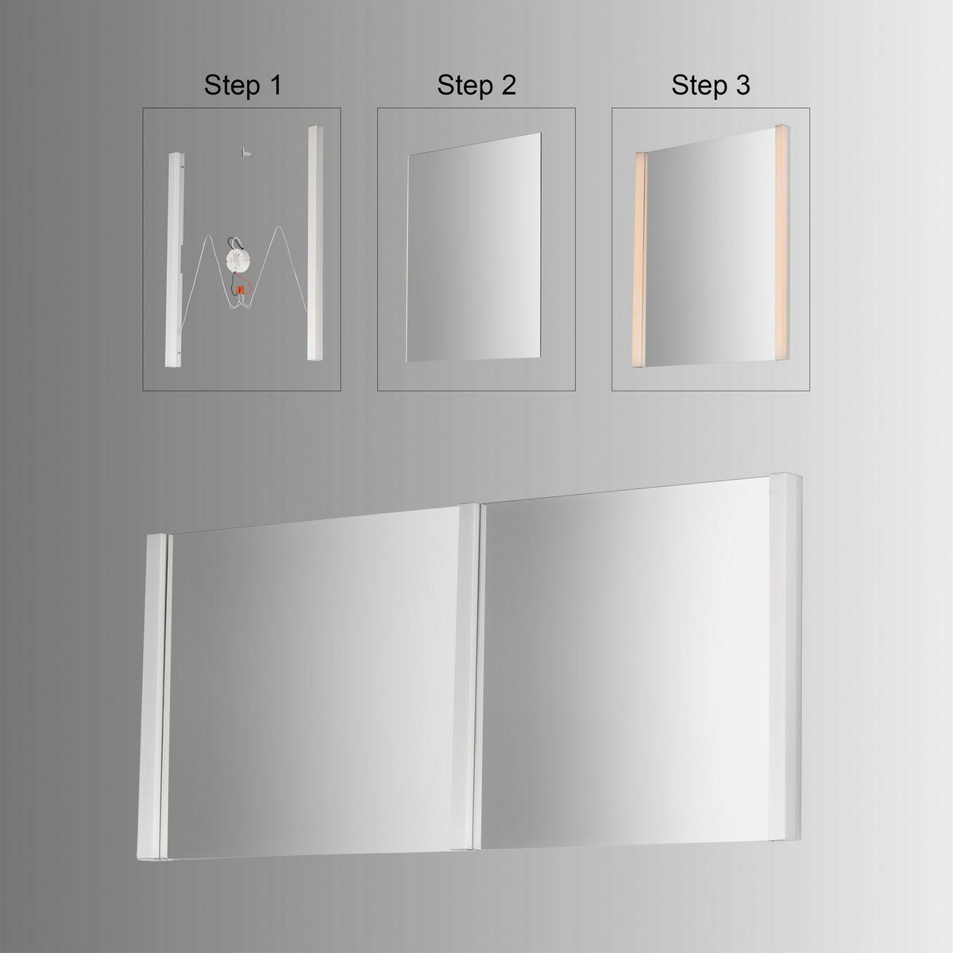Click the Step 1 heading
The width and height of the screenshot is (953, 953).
243,85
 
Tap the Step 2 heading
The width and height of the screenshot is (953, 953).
476,85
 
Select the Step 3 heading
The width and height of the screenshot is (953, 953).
711,85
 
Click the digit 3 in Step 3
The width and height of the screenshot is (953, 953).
743,84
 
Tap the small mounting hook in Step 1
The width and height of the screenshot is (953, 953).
245,152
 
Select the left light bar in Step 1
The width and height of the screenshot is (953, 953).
175,260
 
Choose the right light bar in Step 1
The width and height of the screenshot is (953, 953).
314,242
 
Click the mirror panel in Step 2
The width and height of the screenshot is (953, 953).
473,247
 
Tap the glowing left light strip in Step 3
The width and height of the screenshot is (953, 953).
639,260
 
